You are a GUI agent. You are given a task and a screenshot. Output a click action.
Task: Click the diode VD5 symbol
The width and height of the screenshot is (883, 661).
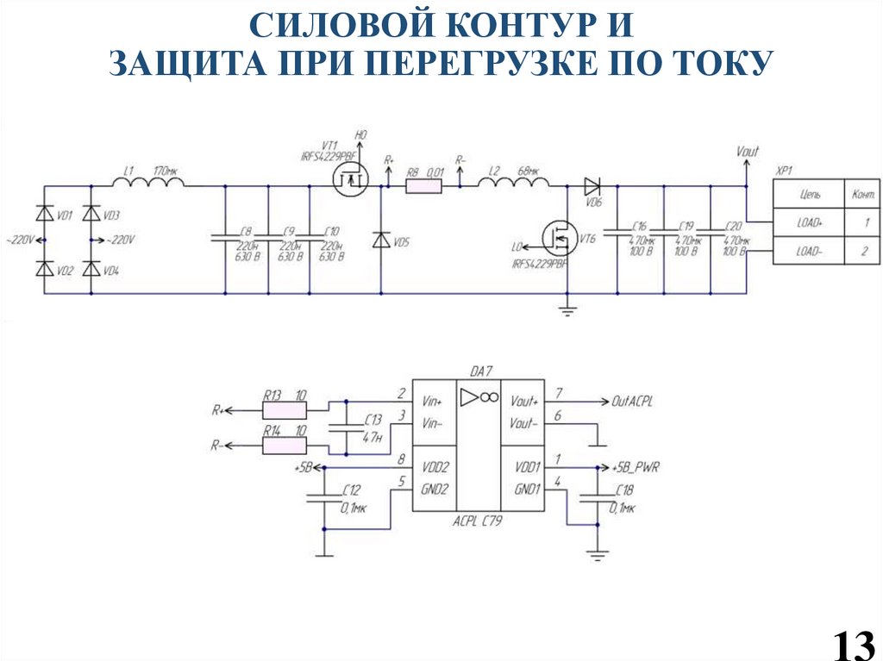380,240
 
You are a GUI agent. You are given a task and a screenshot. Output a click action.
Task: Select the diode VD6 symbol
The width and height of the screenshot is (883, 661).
592,184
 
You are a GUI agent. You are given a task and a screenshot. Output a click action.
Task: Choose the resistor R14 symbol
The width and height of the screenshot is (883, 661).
284,445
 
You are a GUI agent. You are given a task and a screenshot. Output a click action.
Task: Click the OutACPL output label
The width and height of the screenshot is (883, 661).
632,402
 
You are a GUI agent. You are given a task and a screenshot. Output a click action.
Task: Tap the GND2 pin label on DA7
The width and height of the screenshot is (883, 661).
435,489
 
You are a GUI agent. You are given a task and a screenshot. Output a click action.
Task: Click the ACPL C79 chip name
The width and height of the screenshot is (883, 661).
479,521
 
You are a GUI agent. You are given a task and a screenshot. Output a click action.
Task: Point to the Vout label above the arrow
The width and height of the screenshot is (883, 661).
748,153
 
